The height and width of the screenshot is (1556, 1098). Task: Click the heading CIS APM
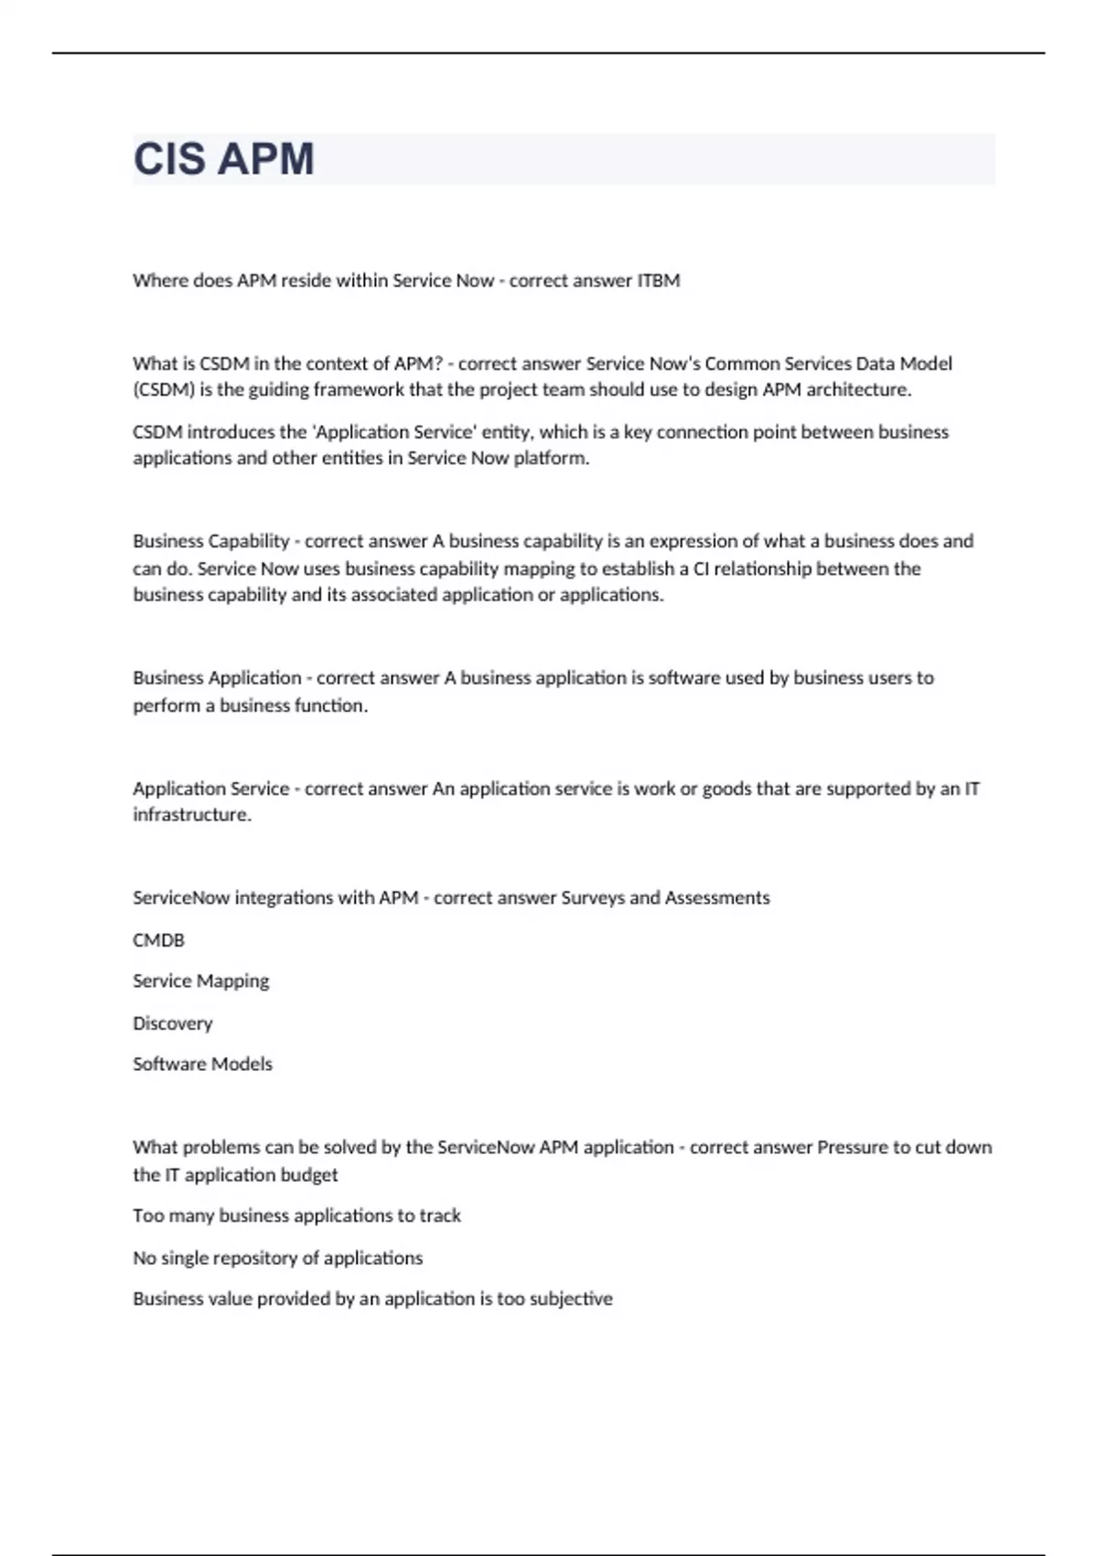pos(223,159)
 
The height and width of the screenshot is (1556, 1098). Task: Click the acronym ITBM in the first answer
pos(658,281)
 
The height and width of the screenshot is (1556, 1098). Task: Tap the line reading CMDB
pos(158,940)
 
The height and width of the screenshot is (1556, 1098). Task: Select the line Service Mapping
pos(200,981)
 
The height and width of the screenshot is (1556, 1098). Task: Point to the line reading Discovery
pos(172,1023)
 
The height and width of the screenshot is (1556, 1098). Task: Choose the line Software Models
pos(202,1064)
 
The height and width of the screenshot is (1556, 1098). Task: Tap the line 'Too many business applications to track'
pos(296,1216)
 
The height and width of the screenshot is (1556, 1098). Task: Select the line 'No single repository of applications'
pos(277,1258)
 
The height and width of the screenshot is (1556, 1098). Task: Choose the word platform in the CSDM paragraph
pos(550,459)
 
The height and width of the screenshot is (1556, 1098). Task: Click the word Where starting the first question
pos(159,281)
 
